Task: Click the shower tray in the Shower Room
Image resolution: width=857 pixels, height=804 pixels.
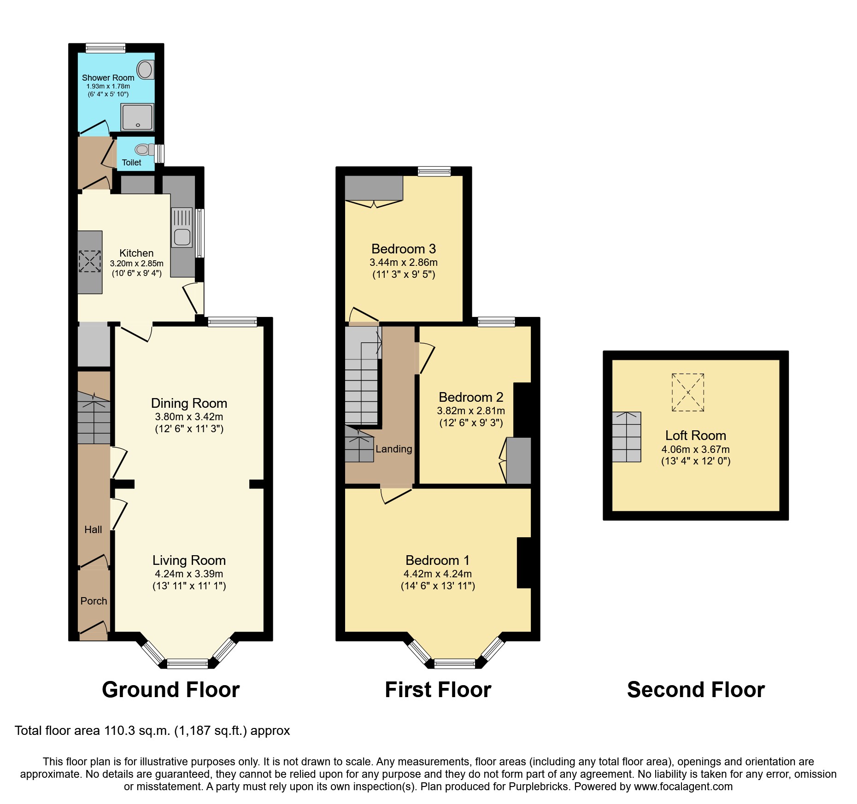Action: [x=137, y=117]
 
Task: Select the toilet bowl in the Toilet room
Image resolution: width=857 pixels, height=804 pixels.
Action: [x=143, y=149]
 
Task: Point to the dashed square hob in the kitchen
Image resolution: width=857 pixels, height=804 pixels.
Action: [x=89, y=261]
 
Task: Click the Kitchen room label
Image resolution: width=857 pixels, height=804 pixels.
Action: [x=136, y=253]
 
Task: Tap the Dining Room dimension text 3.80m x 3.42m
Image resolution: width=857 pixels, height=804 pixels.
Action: [x=189, y=417]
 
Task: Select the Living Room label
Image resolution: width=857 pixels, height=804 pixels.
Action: [x=189, y=560]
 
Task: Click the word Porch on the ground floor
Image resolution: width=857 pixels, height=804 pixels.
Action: [x=94, y=601]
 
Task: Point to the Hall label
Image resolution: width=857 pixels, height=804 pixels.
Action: [x=93, y=529]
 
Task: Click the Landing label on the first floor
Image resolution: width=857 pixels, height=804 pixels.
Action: [x=393, y=449]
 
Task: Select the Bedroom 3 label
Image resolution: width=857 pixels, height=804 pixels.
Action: [x=404, y=249]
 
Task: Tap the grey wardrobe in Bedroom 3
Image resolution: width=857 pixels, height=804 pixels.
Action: [x=374, y=188]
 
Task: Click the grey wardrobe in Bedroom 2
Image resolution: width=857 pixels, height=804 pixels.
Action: [x=519, y=460]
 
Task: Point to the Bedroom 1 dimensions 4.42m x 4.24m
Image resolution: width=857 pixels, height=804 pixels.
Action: [x=438, y=574]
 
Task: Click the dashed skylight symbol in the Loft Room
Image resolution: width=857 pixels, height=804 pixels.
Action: [x=688, y=392]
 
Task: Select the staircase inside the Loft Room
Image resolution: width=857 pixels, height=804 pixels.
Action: [x=626, y=437]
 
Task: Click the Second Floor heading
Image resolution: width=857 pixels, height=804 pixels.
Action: [x=696, y=690]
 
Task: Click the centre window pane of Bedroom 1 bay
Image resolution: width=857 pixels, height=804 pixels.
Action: [x=455, y=663]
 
